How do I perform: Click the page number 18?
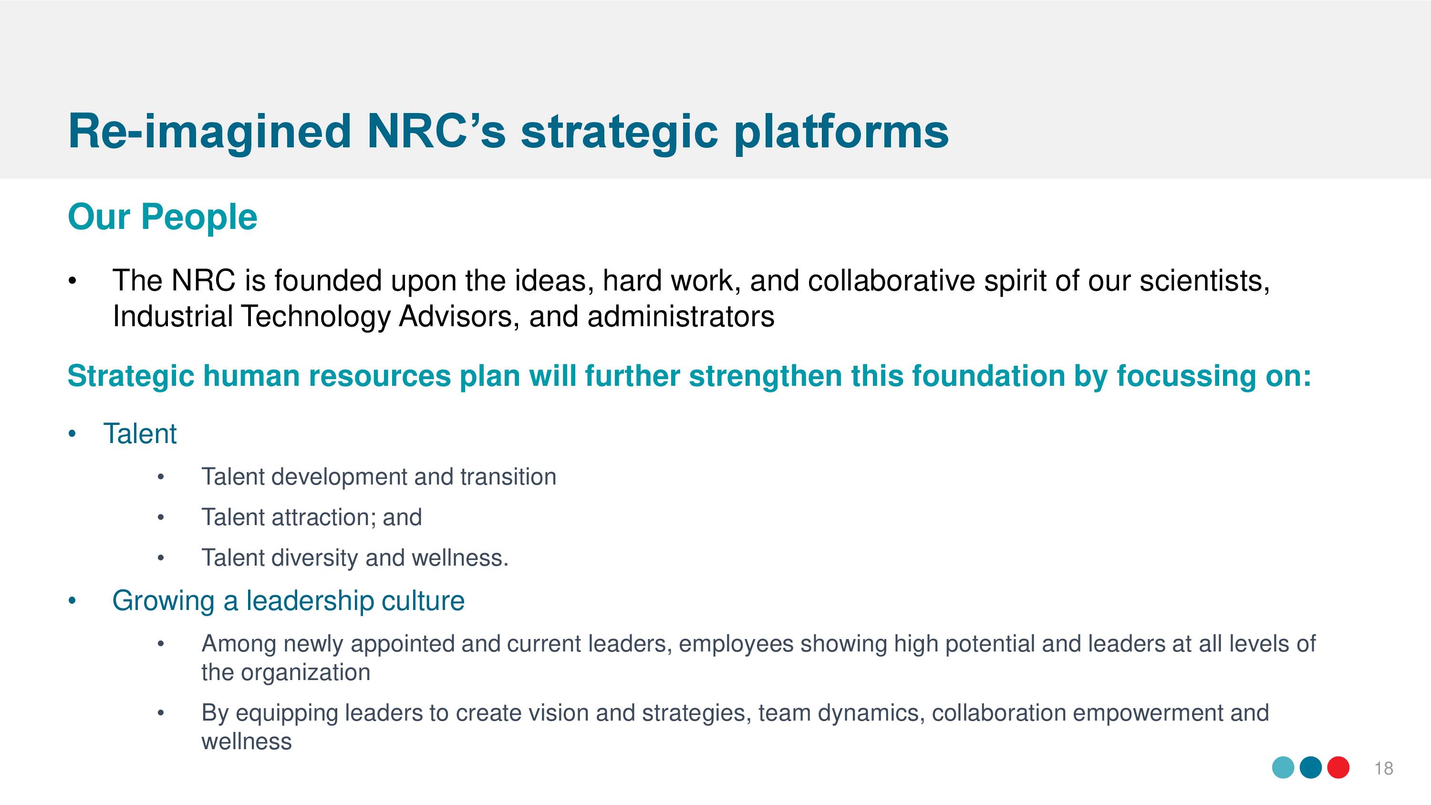pos(1384,768)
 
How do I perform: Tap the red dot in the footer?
pos(1338,767)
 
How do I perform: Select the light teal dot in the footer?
pos(1283,767)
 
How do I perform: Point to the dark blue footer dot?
pos(1311,767)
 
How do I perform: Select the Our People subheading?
pos(162,217)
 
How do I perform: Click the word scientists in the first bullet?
pos(1204,280)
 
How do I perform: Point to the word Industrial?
pos(173,317)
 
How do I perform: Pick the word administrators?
pos(681,317)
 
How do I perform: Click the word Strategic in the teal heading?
pos(131,376)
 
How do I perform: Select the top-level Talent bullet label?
pos(140,433)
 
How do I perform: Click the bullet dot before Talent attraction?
pos(161,518)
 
